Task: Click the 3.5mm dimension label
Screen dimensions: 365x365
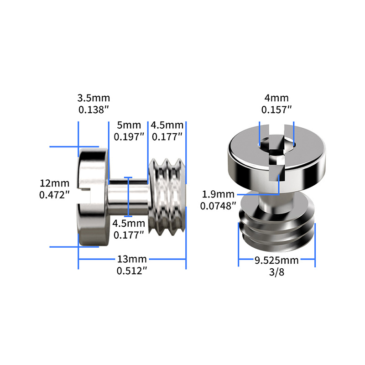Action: point(94,98)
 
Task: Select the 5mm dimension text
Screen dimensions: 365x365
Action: point(123,125)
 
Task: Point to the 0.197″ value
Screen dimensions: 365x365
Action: point(129,136)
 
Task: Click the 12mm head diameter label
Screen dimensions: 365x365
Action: point(55,183)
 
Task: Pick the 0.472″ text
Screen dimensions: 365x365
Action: point(55,195)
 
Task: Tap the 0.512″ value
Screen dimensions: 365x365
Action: point(132,271)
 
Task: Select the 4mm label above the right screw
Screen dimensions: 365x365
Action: point(276,98)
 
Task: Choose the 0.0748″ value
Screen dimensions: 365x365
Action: point(218,206)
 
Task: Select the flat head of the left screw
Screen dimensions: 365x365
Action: point(94,196)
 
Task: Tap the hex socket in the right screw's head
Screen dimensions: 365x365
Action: point(276,151)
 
